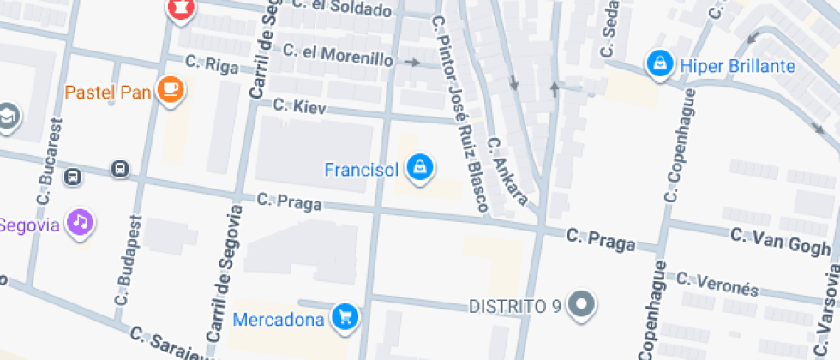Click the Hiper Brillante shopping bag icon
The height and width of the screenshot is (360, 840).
coord(659,65)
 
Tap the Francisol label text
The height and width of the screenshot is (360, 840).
coord(361,170)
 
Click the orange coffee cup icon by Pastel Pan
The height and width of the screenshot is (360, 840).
coord(171,90)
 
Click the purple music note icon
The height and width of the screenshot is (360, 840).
coord(79,223)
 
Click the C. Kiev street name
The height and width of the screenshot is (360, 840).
coord(295,106)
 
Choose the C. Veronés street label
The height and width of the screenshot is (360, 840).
coord(717,284)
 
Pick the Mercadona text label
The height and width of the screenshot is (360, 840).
coord(279,320)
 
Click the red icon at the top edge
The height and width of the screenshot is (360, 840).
coord(181,9)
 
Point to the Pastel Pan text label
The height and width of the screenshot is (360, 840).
coord(108,92)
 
